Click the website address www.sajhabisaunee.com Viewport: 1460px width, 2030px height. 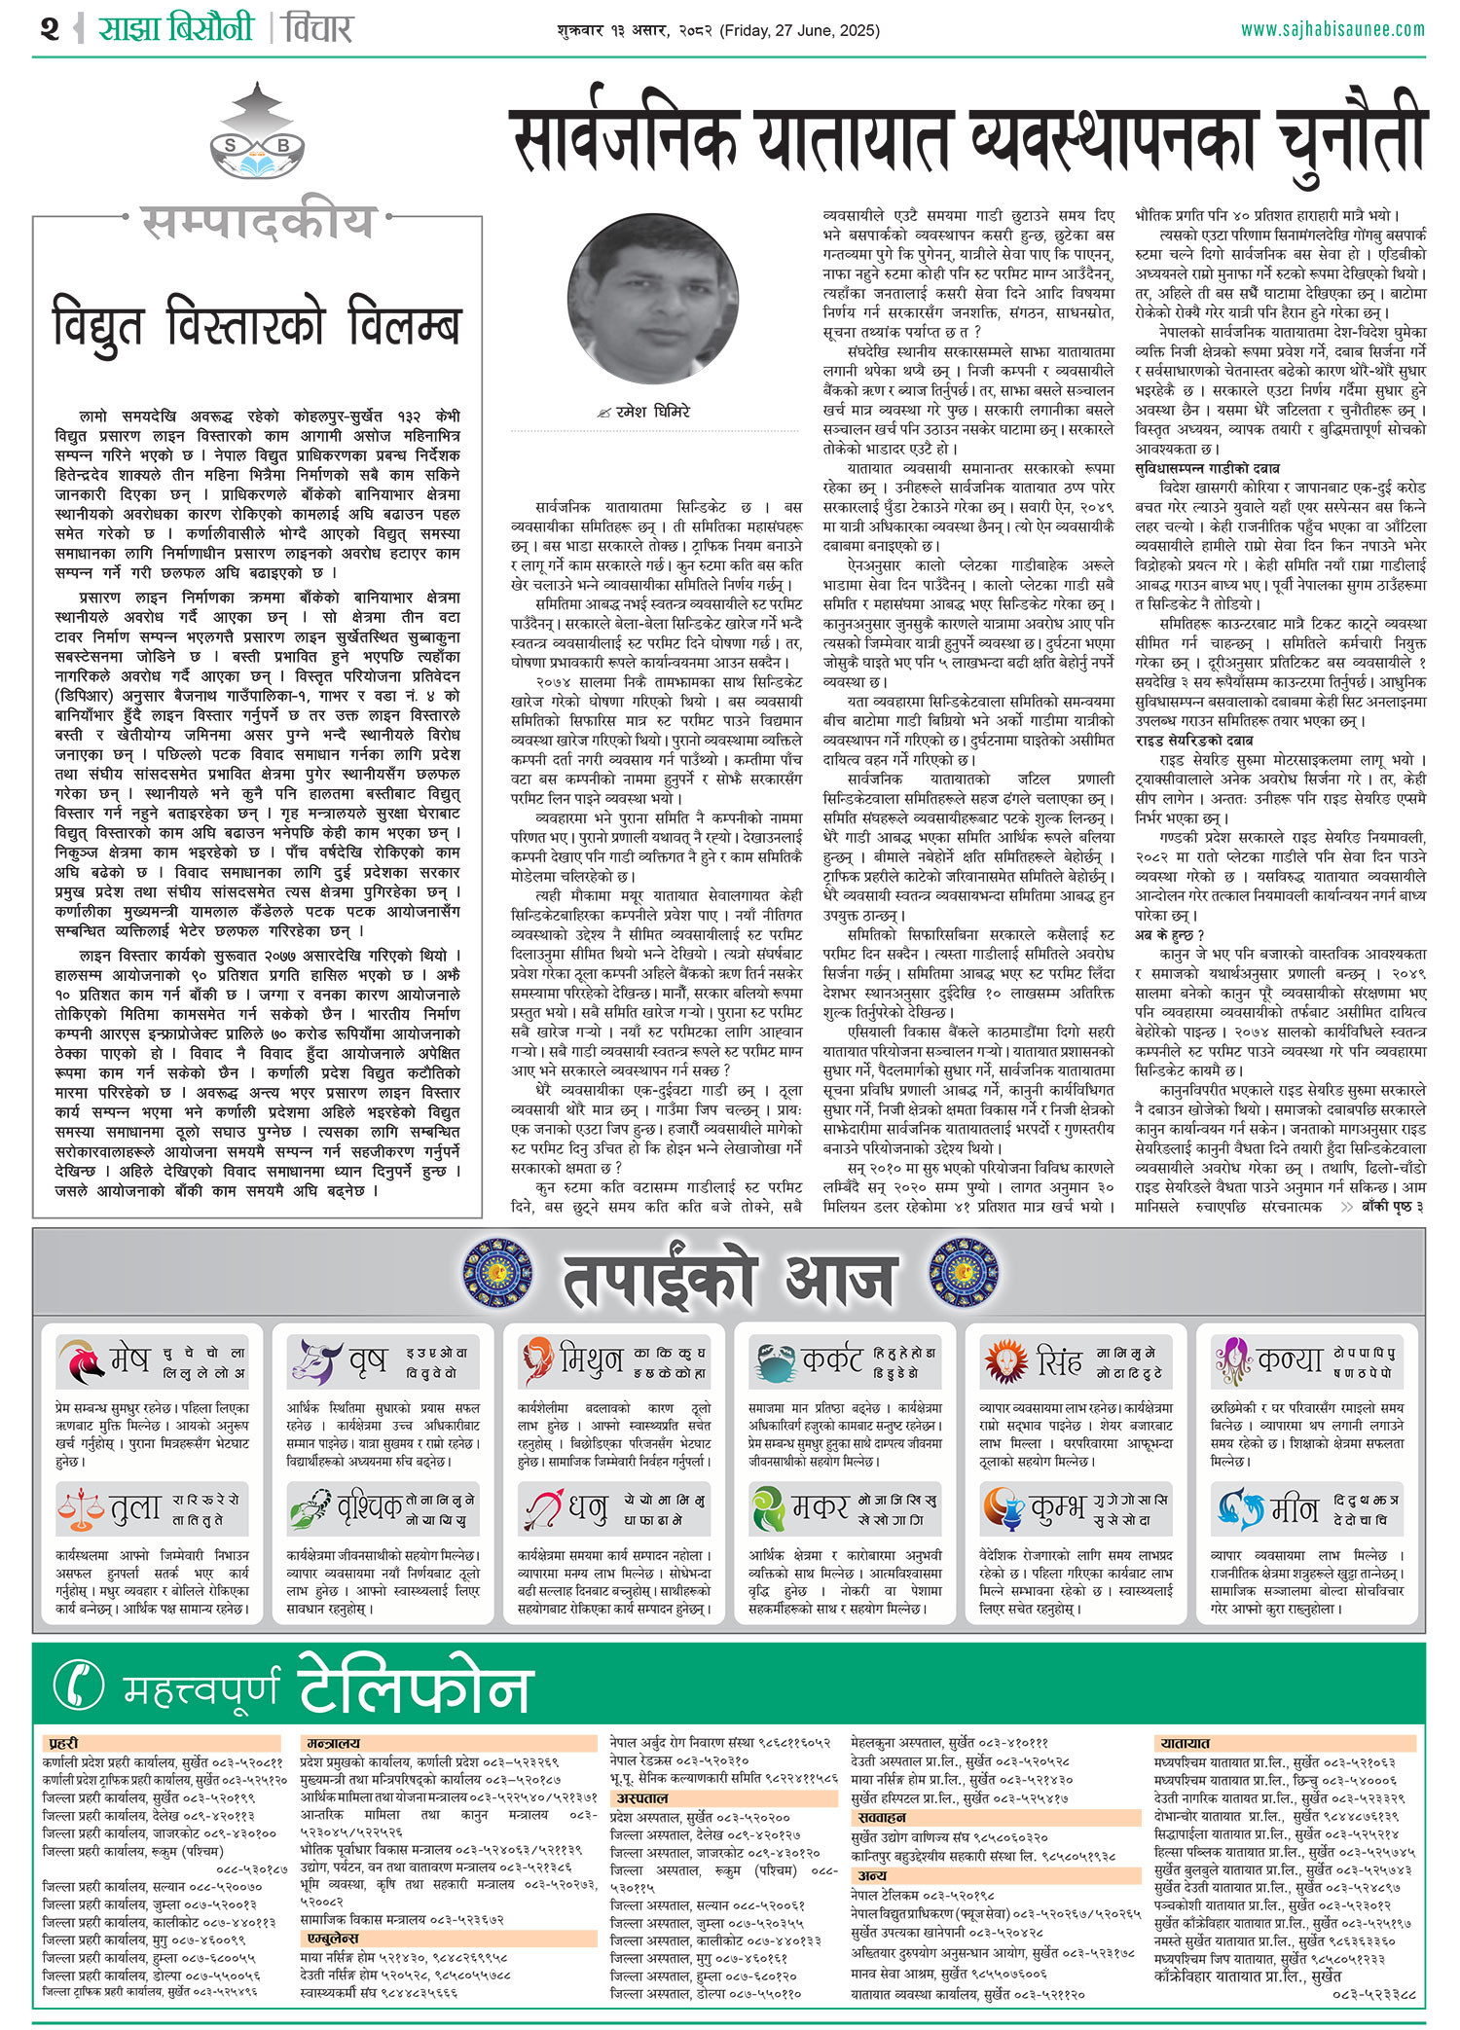coord(1332,29)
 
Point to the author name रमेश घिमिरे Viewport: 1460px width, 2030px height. coord(652,412)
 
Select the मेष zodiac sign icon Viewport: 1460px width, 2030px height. coord(81,1361)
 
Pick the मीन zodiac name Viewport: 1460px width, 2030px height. coord(1295,1509)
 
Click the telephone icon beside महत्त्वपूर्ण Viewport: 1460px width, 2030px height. coord(80,1685)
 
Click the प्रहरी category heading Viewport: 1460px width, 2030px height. coord(63,1744)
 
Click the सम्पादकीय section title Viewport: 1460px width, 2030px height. coord(257,222)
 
